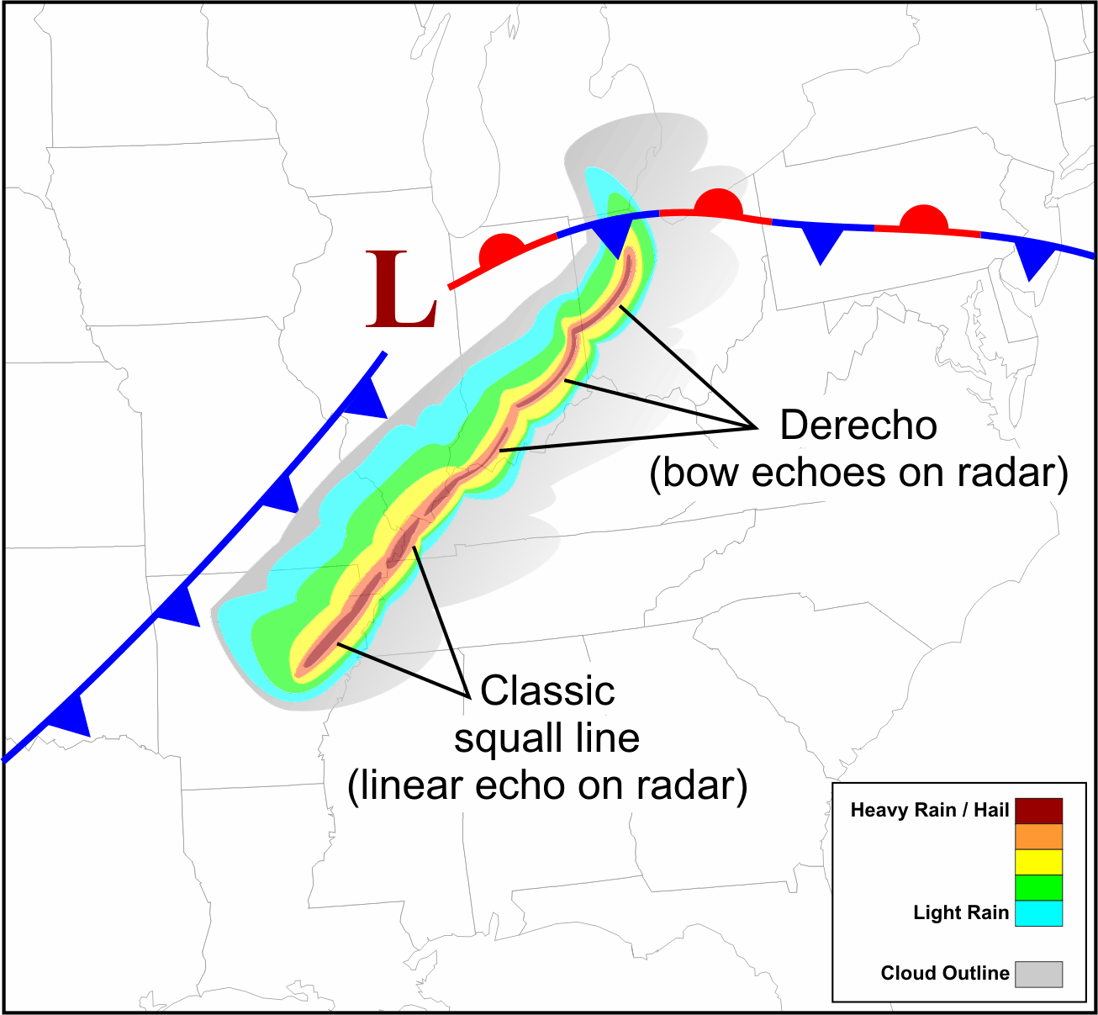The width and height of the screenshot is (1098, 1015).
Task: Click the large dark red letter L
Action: [x=401, y=291]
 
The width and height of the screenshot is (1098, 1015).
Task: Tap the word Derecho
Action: [x=858, y=426]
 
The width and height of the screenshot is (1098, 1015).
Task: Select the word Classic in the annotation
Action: [x=547, y=691]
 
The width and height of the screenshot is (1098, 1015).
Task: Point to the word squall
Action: [x=504, y=739]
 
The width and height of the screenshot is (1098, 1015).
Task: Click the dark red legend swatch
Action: [x=1038, y=811]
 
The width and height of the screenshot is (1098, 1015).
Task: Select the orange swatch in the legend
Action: [x=1038, y=837]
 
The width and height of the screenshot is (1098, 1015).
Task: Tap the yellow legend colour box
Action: [x=1038, y=862]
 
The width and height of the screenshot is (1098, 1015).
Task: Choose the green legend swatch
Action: [x=1038, y=887]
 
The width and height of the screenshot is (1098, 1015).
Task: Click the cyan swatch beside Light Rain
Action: [x=1038, y=913]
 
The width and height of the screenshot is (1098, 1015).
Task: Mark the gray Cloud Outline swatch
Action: [x=1038, y=974]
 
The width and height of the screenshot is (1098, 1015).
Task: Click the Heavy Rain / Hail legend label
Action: [x=929, y=811]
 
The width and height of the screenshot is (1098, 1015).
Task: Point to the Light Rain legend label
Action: [x=960, y=913]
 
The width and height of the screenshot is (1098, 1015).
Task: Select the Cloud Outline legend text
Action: [x=944, y=974]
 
